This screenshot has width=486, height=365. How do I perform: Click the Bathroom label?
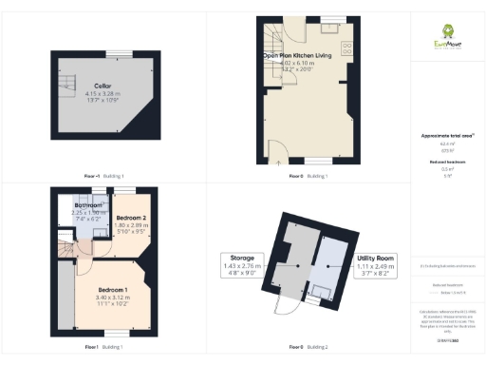(91, 204)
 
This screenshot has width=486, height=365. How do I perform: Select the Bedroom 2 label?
(130, 218)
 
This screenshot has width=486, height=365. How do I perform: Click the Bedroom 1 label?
(113, 289)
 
